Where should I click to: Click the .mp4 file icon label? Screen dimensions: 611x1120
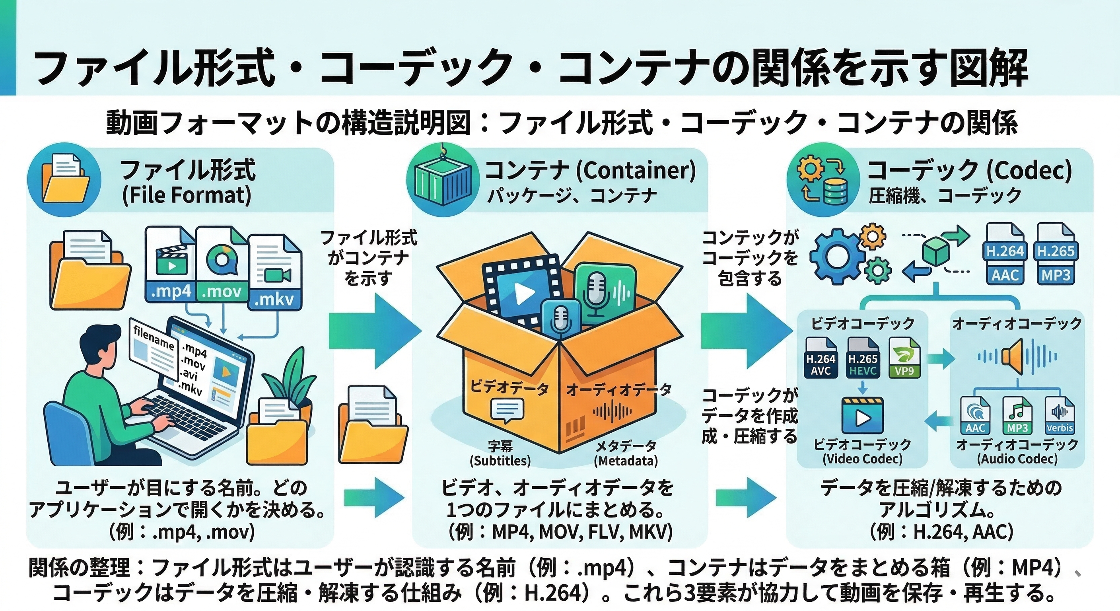tap(171, 291)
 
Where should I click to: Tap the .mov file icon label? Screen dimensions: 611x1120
tap(222, 291)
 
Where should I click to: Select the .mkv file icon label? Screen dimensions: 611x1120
tap(274, 299)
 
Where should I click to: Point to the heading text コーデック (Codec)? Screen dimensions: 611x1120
tap(970, 171)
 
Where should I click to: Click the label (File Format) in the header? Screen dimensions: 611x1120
tap(187, 195)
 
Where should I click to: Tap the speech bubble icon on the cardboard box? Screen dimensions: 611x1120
tap(507, 411)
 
